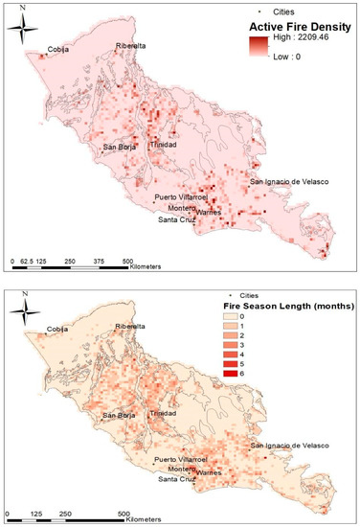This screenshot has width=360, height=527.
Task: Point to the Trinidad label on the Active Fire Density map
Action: (x=163, y=143)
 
